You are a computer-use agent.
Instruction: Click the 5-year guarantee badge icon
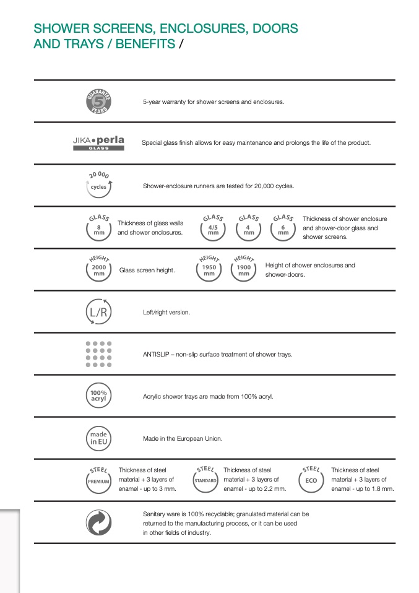point(98,102)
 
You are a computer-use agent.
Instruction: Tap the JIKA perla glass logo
point(98,143)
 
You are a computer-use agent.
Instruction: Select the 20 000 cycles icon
point(98,185)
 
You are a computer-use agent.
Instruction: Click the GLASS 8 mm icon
point(99,228)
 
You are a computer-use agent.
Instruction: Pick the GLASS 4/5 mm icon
point(213,228)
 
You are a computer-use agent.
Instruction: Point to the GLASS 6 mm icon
point(283,228)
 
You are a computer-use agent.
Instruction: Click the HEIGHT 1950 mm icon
point(209,269)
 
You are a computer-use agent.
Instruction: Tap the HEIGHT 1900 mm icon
point(244,269)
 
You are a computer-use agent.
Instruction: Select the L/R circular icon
point(98,312)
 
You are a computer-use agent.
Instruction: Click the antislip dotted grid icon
point(98,354)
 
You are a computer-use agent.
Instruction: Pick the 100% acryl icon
point(98,396)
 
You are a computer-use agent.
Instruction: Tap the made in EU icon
point(98,438)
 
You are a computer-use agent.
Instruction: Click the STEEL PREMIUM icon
point(99,480)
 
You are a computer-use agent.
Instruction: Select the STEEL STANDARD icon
point(205,480)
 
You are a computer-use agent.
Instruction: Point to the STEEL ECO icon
point(311,480)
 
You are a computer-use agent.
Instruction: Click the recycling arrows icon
point(98,523)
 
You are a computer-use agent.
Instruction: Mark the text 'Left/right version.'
point(166,313)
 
